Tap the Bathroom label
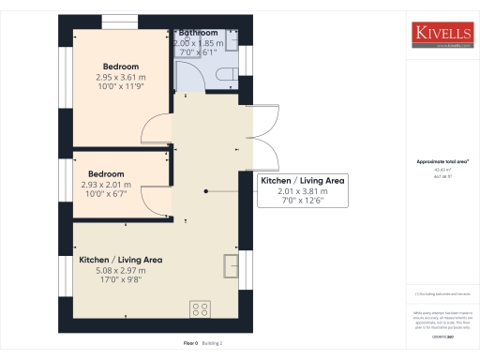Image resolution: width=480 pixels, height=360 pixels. [199, 33]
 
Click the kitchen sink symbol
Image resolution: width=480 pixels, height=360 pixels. [231, 266]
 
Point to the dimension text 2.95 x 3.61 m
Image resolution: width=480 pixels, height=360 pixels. [121, 78]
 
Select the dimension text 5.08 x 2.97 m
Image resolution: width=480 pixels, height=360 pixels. [120, 270]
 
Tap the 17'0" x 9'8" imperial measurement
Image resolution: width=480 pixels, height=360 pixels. [120, 279]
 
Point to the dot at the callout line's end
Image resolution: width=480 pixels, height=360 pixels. [205, 190]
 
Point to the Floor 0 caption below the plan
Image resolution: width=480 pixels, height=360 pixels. [190, 344]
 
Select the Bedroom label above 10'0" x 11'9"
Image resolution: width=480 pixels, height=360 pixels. [121, 67]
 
